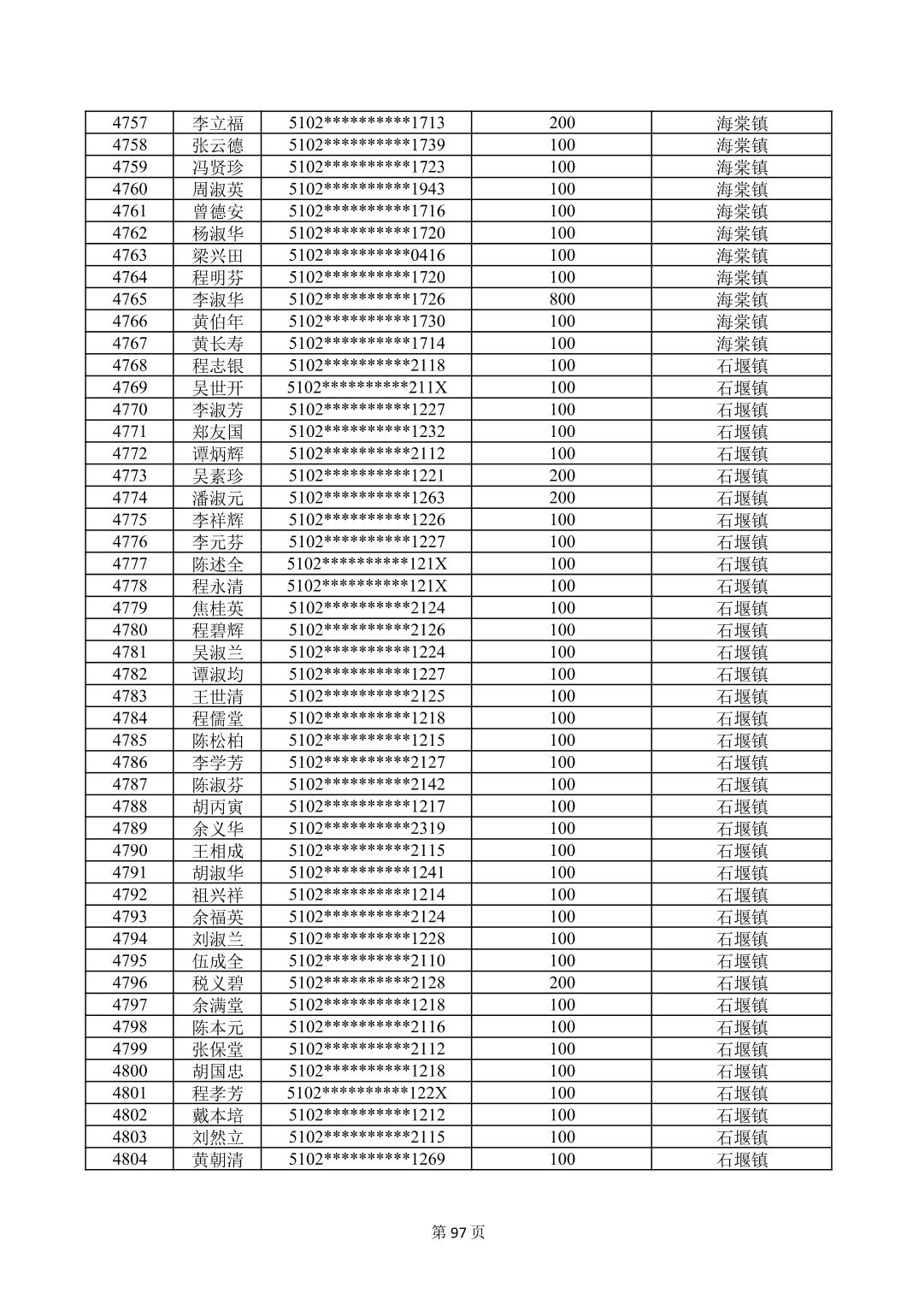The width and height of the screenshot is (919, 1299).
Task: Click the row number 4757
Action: point(129,123)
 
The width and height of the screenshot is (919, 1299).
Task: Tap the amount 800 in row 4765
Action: point(562,299)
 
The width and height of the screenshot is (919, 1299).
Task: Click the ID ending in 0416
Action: point(367,255)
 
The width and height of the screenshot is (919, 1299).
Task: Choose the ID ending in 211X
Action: point(367,387)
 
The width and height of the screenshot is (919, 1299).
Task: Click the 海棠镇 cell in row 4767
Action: point(741,344)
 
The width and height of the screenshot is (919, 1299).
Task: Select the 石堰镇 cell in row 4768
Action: point(741,366)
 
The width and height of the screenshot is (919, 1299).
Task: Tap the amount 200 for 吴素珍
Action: point(562,475)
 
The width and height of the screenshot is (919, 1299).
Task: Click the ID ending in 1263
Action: point(367,498)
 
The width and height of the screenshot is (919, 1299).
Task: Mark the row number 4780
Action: point(129,630)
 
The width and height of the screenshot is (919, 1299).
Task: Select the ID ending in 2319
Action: point(367,829)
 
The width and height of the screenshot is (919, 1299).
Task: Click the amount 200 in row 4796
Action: point(562,983)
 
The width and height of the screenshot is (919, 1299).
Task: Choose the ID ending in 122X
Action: point(367,1093)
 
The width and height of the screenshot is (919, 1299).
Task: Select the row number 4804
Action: point(129,1160)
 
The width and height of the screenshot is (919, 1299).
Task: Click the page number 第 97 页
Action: point(459,1232)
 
